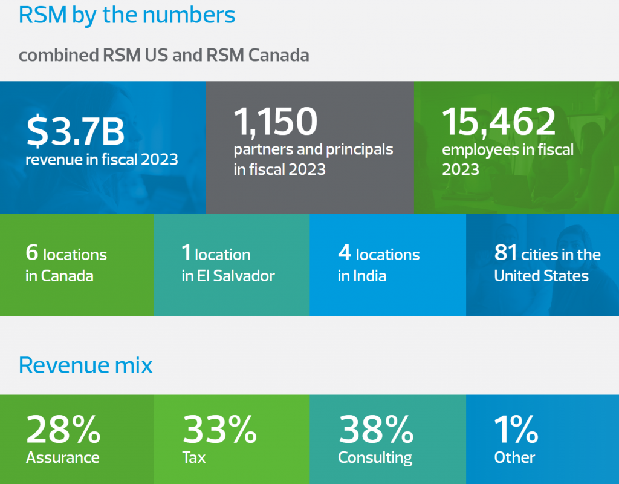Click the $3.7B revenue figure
pos(76,132)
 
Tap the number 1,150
pos(276,121)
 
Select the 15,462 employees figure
pos(499,121)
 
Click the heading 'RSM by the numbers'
pos(127,15)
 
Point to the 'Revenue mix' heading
pos(86,365)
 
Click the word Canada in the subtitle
pos(279,56)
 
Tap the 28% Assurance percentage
pos(63,429)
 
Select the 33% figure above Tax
pos(219,429)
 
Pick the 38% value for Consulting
pos(376,429)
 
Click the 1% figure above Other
pos(516,429)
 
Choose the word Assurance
pos(63,457)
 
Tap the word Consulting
pos(375,457)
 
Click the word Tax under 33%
pos(194,457)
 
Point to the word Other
pos(514,457)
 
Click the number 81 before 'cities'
pos(505,253)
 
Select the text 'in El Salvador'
pos(228,276)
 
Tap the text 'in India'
pos(362,276)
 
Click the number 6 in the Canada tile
pos(31,253)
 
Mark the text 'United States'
pos(541,276)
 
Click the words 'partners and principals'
pos(313,149)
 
